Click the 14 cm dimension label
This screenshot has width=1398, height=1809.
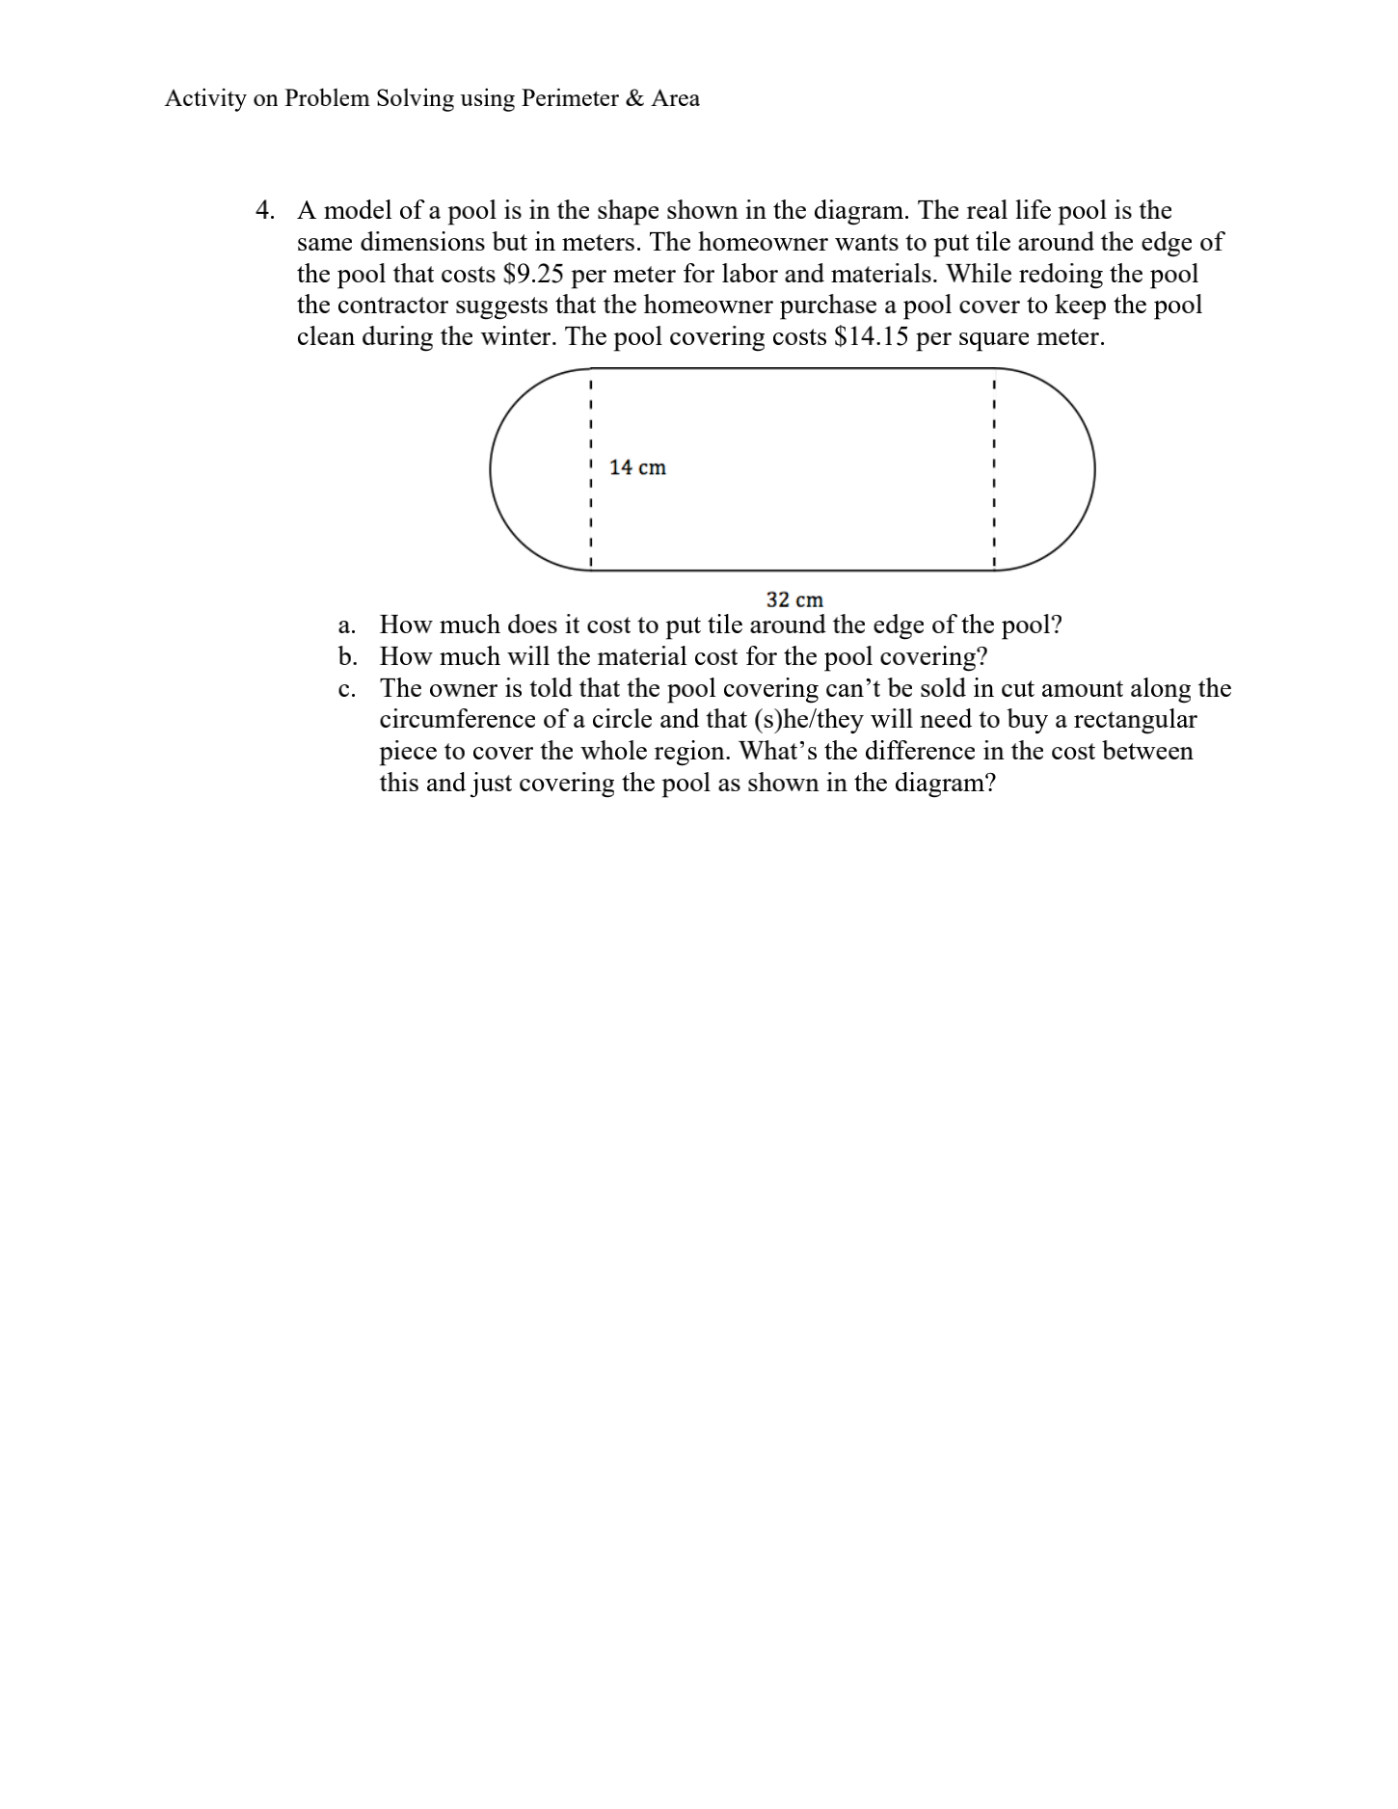pyautogui.click(x=637, y=467)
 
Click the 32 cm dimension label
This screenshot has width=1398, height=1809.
pyautogui.click(x=794, y=599)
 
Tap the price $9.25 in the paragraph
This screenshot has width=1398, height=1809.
pyautogui.click(x=533, y=274)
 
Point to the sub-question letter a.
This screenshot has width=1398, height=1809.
pyautogui.click(x=347, y=625)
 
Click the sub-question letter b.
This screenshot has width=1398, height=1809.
pyautogui.click(x=347, y=657)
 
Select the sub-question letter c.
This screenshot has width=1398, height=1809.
pyautogui.click(x=346, y=689)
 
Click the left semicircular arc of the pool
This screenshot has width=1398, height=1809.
pyautogui.click(x=493, y=470)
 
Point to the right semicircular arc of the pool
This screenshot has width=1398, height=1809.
pyautogui.click(x=1093, y=470)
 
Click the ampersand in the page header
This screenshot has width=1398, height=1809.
pyautogui.click(x=634, y=98)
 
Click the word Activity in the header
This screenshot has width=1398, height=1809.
pyautogui.click(x=205, y=98)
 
